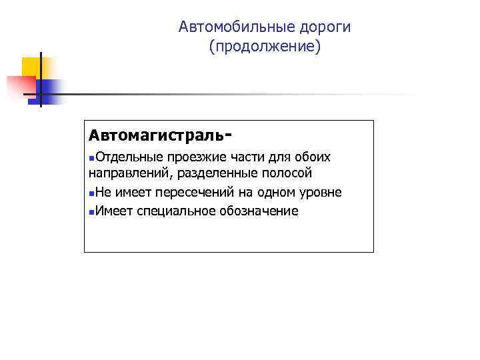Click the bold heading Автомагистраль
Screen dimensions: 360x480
point(157,135)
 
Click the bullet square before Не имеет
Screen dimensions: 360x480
point(91,194)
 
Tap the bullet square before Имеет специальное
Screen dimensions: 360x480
point(91,212)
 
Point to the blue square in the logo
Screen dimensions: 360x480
point(49,90)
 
